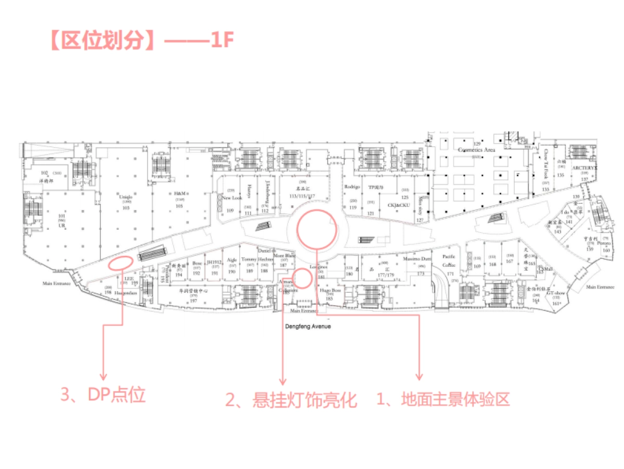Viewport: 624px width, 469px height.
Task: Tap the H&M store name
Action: [179, 193]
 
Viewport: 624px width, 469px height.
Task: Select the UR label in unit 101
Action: [61, 227]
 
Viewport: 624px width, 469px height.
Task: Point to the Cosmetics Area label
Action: [476, 149]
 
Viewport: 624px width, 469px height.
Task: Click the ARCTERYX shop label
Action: [584, 168]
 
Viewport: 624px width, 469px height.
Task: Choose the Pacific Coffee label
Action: [449, 260]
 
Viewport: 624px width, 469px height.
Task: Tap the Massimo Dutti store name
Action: [419, 258]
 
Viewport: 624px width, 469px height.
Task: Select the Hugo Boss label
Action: [330, 291]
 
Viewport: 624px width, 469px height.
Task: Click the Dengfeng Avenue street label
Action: [308, 327]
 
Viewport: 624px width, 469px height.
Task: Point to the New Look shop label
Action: [232, 198]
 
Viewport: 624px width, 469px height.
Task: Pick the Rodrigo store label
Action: [352, 187]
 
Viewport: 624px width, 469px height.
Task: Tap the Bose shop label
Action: [197, 263]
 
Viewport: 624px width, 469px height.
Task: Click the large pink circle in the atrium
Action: [317, 229]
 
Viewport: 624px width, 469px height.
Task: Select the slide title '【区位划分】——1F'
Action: [140, 41]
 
